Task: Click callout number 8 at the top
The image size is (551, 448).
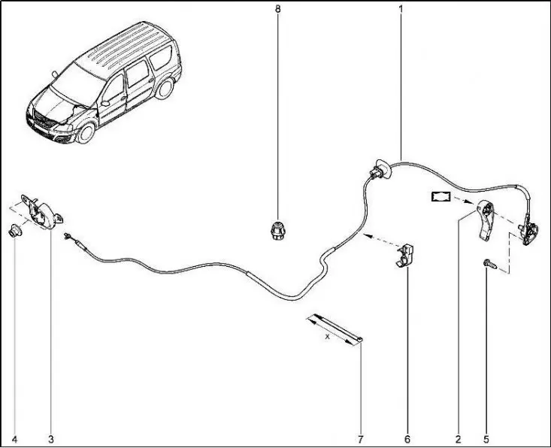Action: pos(278,9)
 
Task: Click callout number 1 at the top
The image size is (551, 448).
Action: pos(401,9)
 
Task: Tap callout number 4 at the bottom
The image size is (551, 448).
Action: pos(14,439)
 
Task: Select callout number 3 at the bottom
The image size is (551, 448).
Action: pos(51,439)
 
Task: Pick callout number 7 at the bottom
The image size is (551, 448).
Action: pos(361,439)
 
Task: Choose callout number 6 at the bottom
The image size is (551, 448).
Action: pos(407,439)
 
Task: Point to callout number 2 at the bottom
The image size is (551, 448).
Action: pos(458,439)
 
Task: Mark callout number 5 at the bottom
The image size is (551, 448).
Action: pos(486,439)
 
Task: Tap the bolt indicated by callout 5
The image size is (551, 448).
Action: pos(490,264)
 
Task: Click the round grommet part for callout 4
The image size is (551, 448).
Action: pos(15,230)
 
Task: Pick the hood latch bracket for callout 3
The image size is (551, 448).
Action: pos(42,211)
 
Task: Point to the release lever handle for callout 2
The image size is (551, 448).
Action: pos(486,220)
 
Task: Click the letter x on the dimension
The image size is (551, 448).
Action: pos(328,336)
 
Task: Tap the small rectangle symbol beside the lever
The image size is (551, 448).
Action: pos(440,196)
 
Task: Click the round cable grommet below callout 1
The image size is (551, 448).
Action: pos(380,170)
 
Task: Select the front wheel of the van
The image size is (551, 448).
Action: pos(86,132)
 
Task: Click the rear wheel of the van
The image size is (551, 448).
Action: pos(164,88)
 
